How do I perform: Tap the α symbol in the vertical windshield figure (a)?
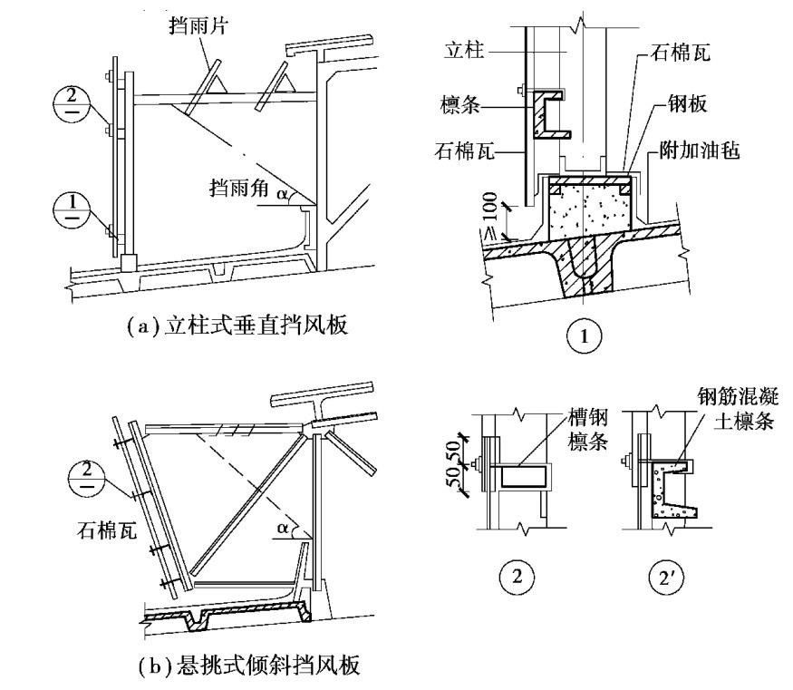pos(282,192)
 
